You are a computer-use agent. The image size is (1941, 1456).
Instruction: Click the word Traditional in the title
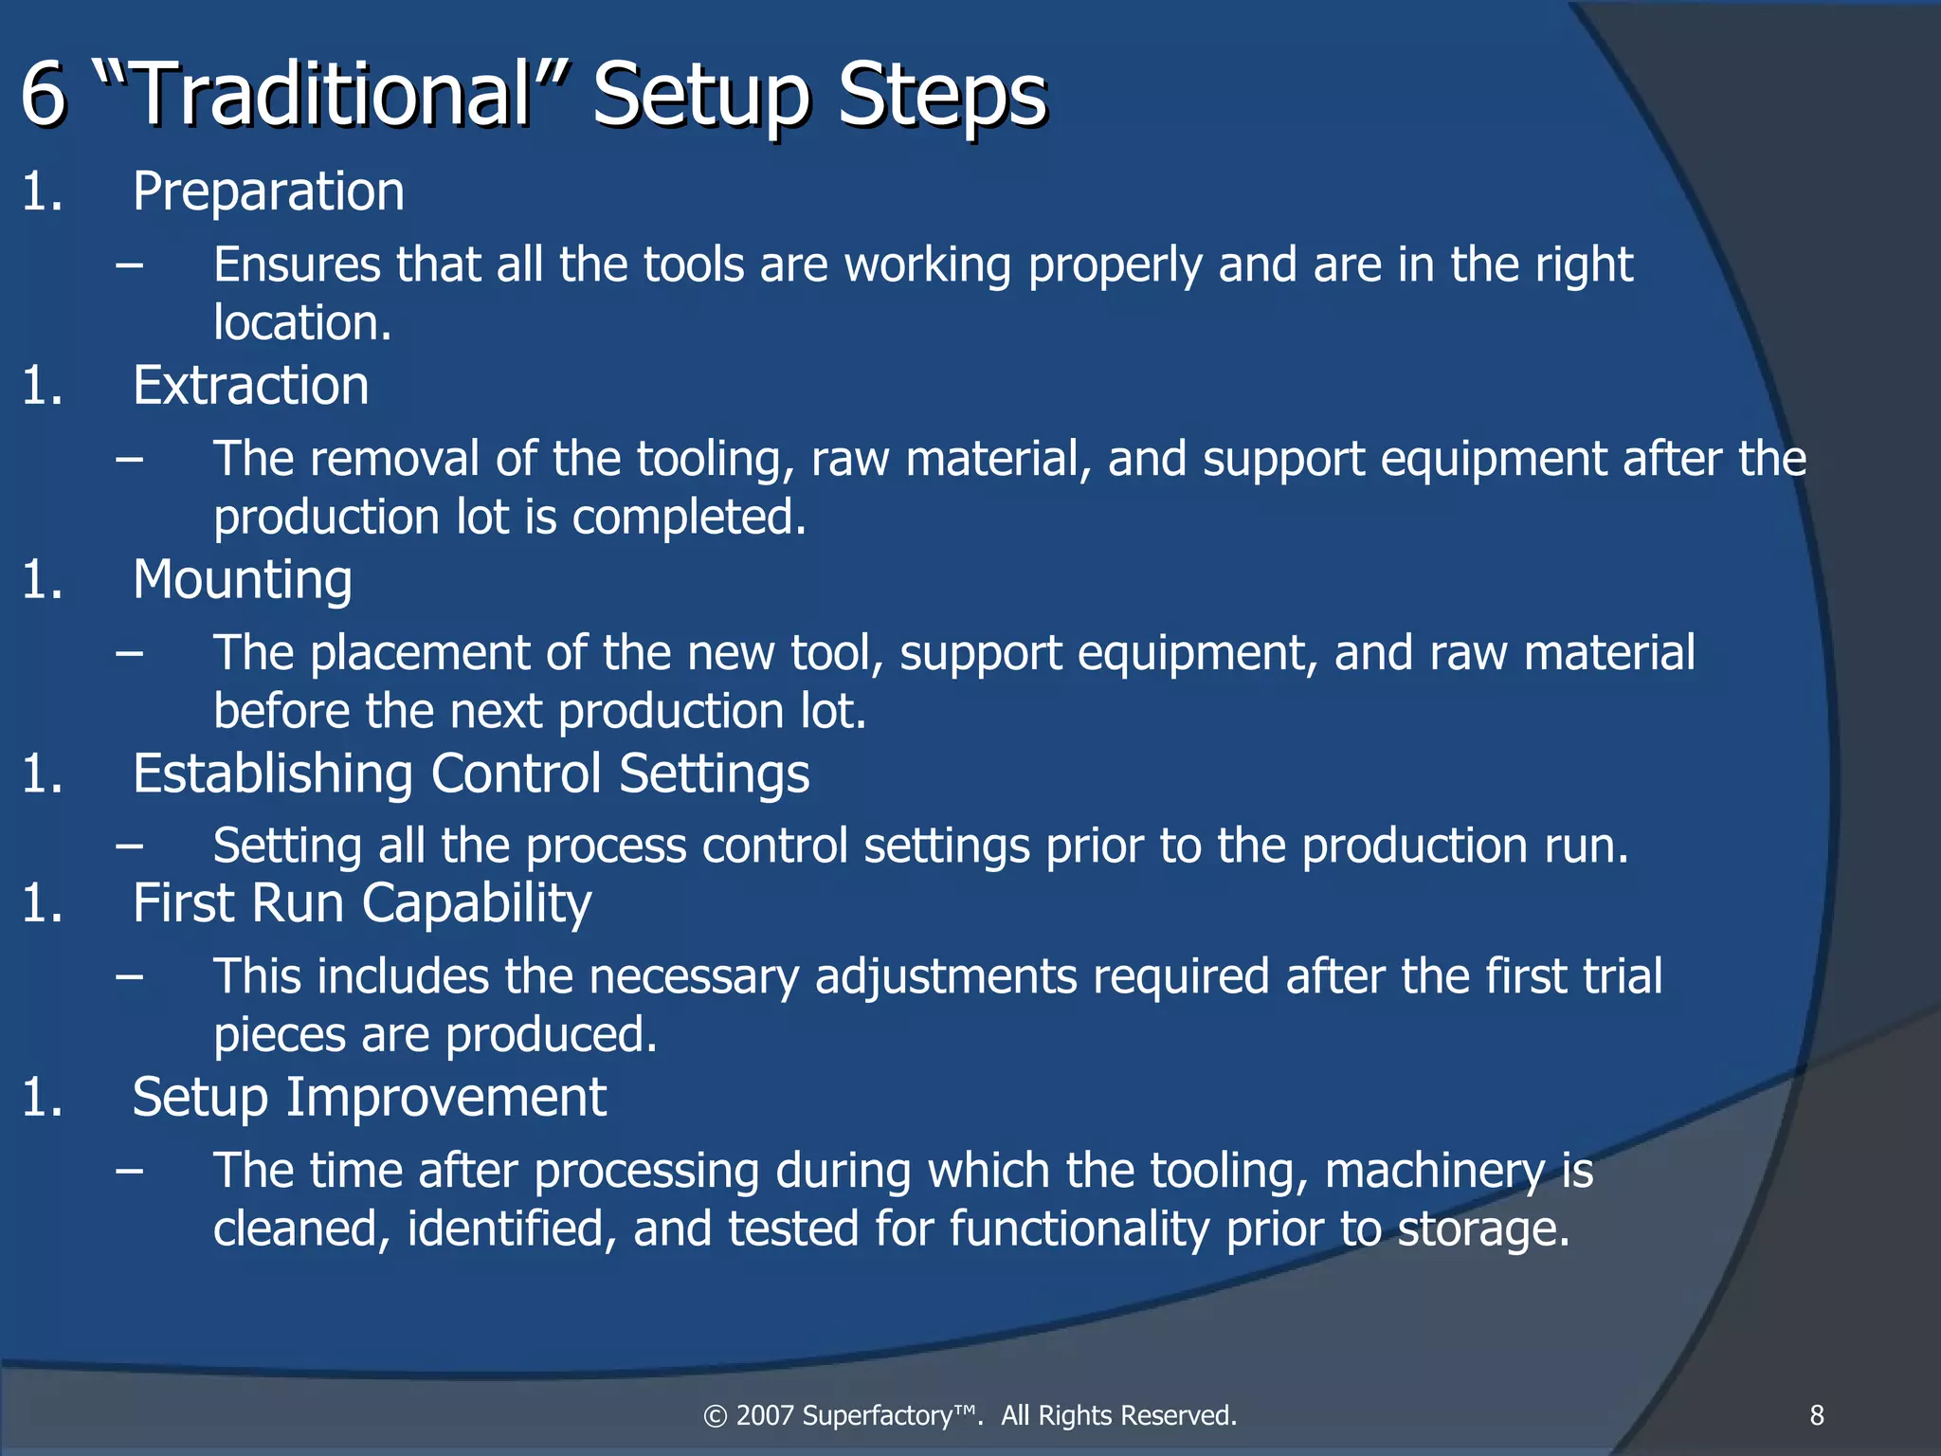[x=332, y=95]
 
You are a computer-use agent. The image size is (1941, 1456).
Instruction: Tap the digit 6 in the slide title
[x=44, y=95]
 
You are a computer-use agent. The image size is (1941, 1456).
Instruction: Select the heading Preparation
[x=268, y=191]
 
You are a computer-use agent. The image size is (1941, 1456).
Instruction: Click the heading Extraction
[x=250, y=386]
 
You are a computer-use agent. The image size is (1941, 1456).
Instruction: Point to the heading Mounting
[x=242, y=580]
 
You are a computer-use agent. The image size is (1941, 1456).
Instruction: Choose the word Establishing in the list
[x=273, y=774]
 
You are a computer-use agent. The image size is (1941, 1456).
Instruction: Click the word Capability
[x=477, y=904]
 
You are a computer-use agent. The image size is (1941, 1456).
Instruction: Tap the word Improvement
[x=446, y=1099]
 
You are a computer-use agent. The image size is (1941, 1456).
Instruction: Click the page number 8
[x=1817, y=1415]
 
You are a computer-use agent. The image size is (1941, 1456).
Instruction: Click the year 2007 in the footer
[x=764, y=1415]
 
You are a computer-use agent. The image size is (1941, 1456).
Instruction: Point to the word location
[x=301, y=323]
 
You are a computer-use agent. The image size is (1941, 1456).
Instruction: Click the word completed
[x=689, y=518]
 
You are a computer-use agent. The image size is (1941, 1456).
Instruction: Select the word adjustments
[x=946, y=977]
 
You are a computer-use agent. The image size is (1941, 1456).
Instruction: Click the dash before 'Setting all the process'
[x=130, y=846]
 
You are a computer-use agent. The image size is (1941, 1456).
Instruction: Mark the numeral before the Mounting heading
[x=42, y=580]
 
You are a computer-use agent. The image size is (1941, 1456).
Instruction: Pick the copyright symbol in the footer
[x=715, y=1416]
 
